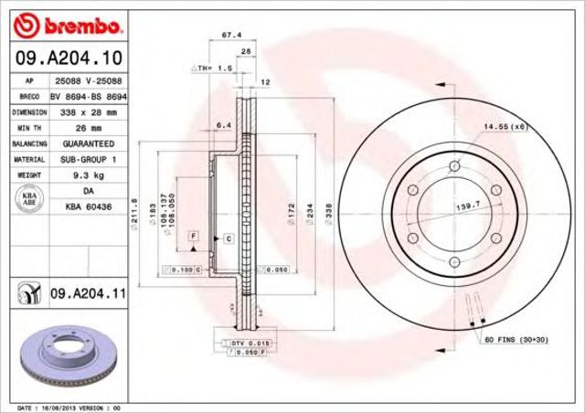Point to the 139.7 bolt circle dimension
click(468, 210)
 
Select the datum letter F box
click(194, 237)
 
